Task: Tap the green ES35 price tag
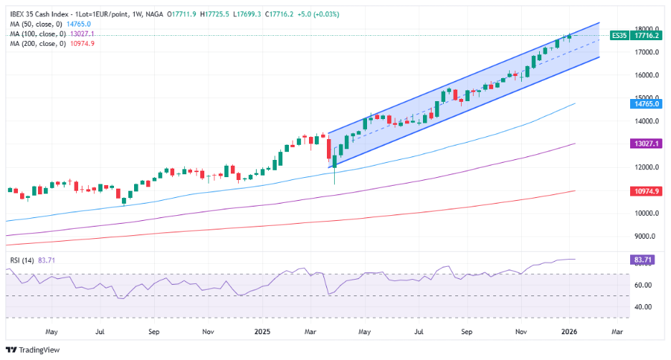click(x=619, y=35)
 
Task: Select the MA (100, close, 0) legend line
click(x=37, y=34)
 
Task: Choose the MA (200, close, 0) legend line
click(x=37, y=44)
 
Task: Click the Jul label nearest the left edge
click(x=100, y=333)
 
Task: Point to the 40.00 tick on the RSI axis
click(x=644, y=306)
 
